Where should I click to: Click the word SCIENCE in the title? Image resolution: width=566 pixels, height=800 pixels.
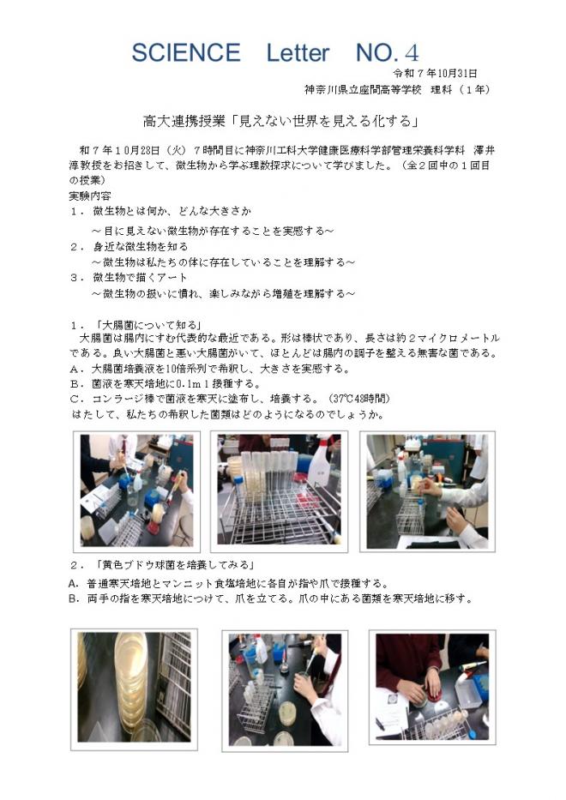click(x=185, y=52)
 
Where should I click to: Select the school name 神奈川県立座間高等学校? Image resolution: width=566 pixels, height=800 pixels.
click(x=367, y=89)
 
